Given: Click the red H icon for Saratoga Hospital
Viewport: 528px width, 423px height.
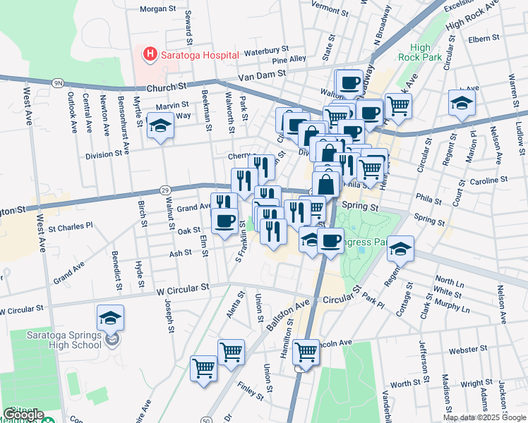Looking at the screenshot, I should coord(150,54).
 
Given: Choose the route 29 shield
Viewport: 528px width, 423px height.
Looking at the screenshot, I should coord(164,190).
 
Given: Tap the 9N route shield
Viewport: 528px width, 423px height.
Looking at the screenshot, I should coord(57,82).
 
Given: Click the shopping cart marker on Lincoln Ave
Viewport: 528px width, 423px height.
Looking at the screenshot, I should coord(306,350).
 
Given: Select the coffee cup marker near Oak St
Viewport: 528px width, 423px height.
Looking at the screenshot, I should coord(225,221).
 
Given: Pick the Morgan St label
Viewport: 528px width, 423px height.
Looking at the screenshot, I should coord(157,9).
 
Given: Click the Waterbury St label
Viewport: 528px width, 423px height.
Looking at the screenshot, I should coord(262,51).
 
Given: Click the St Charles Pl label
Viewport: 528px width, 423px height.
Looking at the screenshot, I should coord(71,227).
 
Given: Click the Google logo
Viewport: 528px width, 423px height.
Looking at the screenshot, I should coord(23,415).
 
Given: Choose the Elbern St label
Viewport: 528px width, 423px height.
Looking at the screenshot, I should coord(484,39).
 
